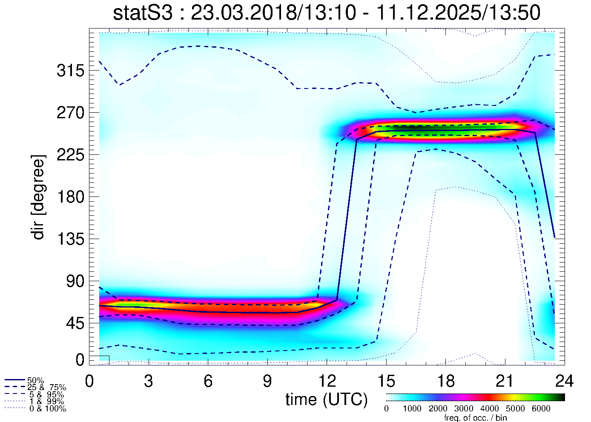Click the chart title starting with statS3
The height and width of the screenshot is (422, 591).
pos(327,13)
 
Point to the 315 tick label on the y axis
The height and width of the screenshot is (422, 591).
pos(70,71)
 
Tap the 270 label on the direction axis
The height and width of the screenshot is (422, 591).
pos(70,113)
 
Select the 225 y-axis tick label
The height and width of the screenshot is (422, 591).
pos(70,155)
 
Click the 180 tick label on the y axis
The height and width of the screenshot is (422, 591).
pos(70,197)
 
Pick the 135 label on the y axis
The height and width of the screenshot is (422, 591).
pos(70,240)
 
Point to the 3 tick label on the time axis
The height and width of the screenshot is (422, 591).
pos(149,381)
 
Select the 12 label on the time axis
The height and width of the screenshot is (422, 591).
pos(327,381)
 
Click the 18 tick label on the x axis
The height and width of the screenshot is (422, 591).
pos(445,381)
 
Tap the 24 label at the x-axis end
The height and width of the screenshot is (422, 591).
pos(564,381)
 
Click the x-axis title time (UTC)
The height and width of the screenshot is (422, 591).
pos(327,399)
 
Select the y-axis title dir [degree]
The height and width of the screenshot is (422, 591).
pos(38,197)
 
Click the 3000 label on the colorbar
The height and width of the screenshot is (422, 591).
pos(464,409)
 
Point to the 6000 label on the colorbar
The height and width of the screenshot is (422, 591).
pos(541,409)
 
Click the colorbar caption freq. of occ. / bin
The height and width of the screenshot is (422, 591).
pos(475,418)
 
